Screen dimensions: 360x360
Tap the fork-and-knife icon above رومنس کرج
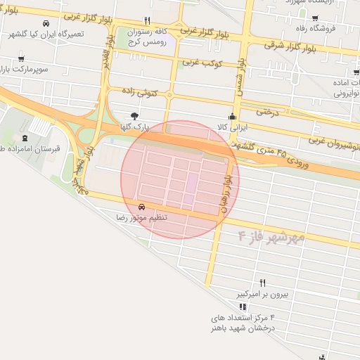pos(146,20)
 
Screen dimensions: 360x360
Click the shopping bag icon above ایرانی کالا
pos(232,117)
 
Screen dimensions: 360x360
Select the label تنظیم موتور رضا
pos(143,218)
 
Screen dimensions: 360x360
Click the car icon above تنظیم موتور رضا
pos(143,207)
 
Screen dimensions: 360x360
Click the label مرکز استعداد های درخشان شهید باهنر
pos(241,323)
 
